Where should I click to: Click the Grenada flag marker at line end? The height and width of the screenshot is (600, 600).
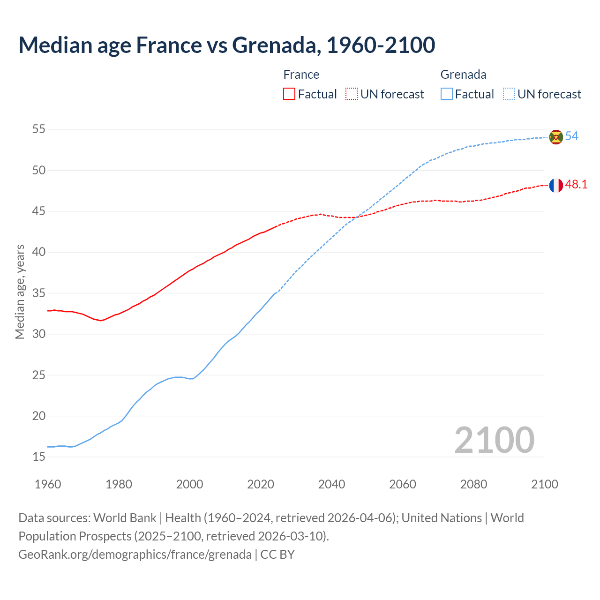click(x=555, y=137)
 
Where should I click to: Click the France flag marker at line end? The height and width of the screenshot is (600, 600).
click(x=555, y=185)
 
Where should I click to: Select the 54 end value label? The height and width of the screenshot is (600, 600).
click(x=571, y=136)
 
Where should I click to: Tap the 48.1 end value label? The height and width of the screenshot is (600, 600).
click(x=576, y=185)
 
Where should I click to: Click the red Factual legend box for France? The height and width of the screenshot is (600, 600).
click(x=289, y=94)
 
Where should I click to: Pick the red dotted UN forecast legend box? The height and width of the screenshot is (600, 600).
click(x=352, y=94)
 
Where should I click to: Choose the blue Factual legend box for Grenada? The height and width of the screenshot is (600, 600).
click(x=447, y=94)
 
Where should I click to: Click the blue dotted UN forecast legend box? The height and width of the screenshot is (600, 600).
click(x=509, y=94)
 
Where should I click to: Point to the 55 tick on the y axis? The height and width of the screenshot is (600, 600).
click(x=39, y=129)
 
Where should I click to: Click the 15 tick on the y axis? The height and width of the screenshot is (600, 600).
click(x=39, y=457)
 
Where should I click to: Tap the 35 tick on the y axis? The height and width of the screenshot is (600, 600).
click(x=39, y=293)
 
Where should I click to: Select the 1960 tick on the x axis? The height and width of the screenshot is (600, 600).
click(x=48, y=484)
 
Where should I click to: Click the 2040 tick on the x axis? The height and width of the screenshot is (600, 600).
click(x=331, y=484)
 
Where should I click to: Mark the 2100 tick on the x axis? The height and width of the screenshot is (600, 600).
click(x=544, y=484)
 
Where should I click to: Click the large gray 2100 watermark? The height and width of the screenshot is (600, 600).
click(x=494, y=440)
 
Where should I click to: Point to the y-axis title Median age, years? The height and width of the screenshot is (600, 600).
click(x=20, y=292)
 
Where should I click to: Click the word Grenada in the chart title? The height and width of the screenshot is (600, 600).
click(x=276, y=45)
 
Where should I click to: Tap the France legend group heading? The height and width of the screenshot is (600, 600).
click(x=301, y=75)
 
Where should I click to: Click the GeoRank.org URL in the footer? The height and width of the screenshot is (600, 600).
click(x=135, y=555)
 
